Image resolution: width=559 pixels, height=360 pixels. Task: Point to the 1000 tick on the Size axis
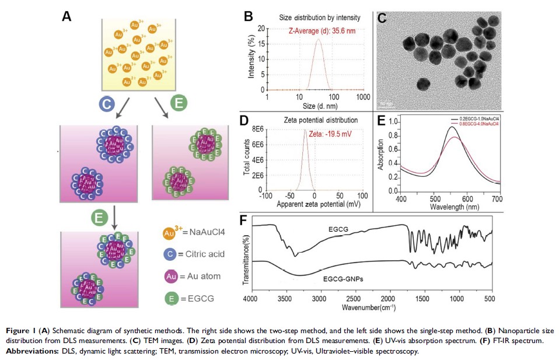[x=364, y=96]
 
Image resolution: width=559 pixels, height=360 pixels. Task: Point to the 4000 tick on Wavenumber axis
[x=250, y=299]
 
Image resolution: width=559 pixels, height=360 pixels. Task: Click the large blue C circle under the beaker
[x=106, y=104]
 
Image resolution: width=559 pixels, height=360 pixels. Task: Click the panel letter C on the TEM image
[x=383, y=18]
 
